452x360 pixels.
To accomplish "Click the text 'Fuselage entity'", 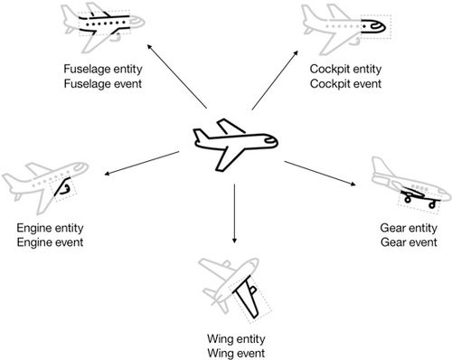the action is click(x=103, y=70).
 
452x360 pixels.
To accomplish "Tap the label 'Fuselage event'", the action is click(x=103, y=83).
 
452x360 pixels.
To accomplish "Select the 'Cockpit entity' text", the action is click(x=345, y=70).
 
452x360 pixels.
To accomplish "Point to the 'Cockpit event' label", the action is click(x=345, y=83).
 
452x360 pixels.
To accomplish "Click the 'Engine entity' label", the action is click(x=50, y=228).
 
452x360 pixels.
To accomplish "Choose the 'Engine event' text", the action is click(x=50, y=242).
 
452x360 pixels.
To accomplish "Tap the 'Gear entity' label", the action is click(x=409, y=228).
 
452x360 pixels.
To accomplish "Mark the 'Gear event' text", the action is click(x=409, y=242).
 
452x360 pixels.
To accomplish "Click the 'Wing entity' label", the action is click(x=236, y=339).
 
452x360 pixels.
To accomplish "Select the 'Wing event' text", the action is click(x=236, y=353).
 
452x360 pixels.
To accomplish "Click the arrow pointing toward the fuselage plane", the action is click(x=177, y=77).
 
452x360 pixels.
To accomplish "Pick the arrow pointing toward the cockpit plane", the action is click(x=275, y=80).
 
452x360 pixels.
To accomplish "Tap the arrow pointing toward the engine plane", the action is click(x=142, y=163).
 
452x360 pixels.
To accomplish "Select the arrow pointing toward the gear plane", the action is click(x=320, y=173).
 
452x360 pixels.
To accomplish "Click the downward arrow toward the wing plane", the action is click(x=234, y=213).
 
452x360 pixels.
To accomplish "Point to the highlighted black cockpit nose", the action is click(x=373, y=26).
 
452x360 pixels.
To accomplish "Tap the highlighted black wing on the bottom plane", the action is click(x=248, y=297).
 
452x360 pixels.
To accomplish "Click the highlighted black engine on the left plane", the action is click(x=62, y=187).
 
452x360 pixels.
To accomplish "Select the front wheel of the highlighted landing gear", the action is click(x=432, y=205).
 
